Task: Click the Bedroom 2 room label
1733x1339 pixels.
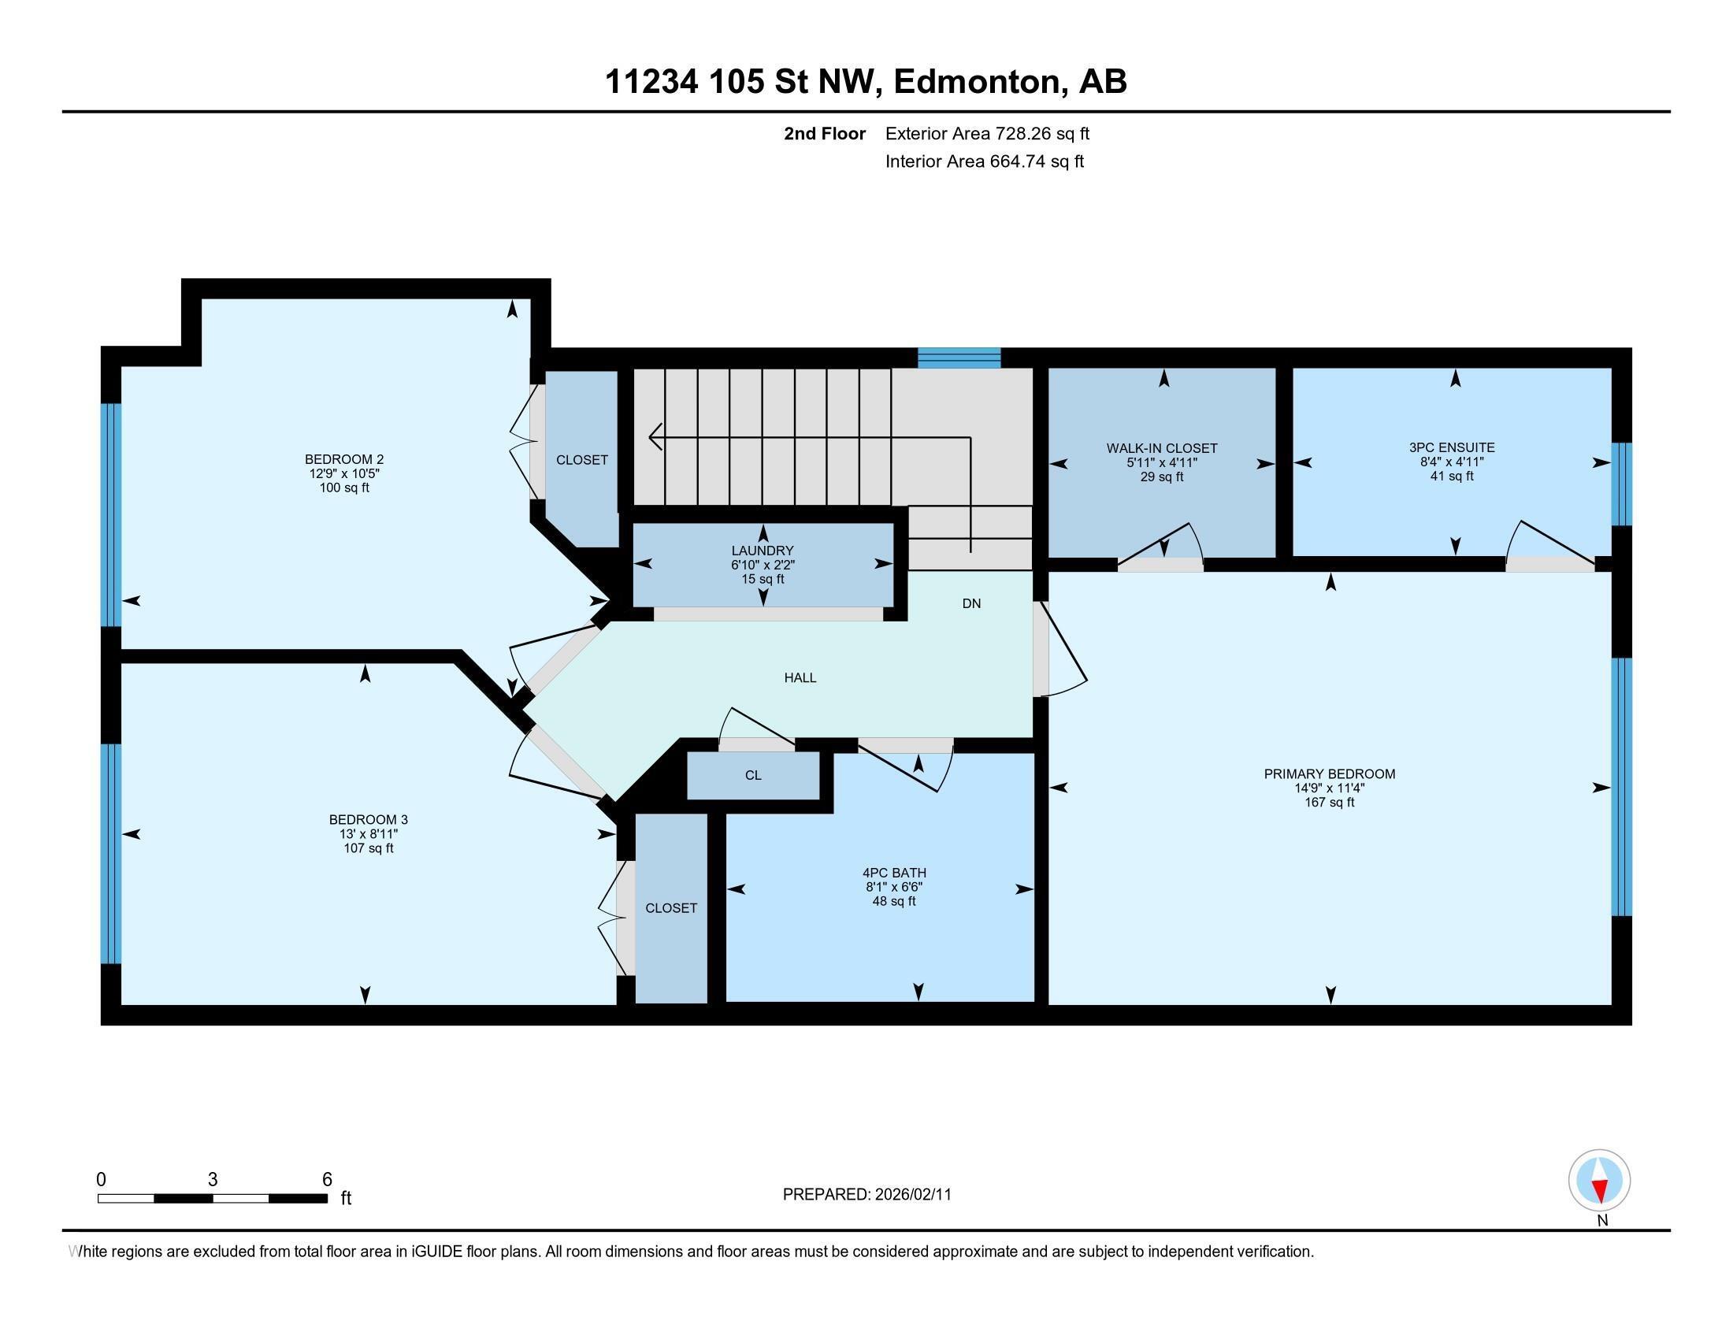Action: (343, 459)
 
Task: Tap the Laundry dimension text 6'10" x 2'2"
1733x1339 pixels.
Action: (763, 566)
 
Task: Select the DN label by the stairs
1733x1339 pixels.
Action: (971, 603)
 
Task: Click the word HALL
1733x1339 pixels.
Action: (800, 678)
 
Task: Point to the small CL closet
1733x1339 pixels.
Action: (753, 776)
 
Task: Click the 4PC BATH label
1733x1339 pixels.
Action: (894, 873)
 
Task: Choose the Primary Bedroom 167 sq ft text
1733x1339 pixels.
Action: (1329, 803)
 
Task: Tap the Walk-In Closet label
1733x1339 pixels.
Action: (1162, 448)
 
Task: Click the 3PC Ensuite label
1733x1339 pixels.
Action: (1451, 447)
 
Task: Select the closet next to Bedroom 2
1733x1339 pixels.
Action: (581, 460)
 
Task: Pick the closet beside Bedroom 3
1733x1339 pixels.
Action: (670, 908)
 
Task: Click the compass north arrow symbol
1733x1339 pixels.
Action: (1600, 1181)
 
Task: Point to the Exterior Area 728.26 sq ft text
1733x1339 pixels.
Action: (987, 134)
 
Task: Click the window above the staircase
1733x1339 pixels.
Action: (959, 358)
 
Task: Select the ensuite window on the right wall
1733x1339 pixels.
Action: (1622, 484)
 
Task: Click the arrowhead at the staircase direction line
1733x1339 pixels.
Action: (655, 436)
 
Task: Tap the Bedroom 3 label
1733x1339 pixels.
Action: (368, 819)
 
